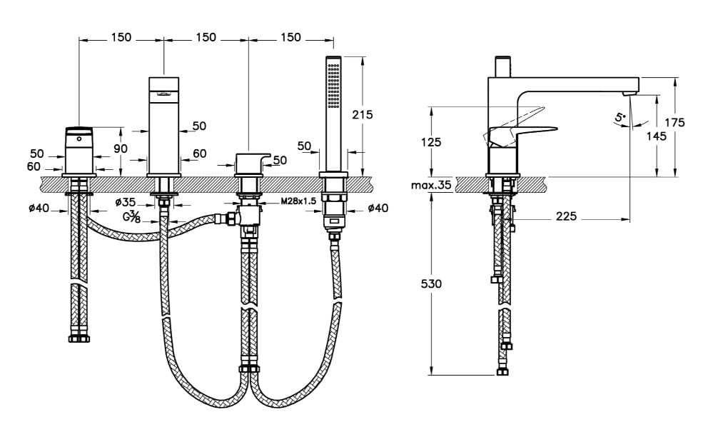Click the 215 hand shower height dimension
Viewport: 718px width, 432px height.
362,114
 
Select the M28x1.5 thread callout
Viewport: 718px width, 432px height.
298,201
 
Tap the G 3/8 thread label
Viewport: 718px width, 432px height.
132,216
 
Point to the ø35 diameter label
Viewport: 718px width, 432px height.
126,201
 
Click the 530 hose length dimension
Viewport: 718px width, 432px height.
431,284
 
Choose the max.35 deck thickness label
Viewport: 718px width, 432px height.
431,185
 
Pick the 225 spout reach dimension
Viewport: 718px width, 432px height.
567,216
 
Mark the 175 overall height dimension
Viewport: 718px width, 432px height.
675,122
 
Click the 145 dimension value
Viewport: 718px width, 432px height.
657,136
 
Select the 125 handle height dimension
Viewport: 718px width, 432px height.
431,142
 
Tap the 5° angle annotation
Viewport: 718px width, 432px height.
621,117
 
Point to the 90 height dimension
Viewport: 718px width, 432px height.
121,149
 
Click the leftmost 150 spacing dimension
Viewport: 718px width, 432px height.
121,37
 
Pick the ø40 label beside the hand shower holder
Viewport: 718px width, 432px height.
378,208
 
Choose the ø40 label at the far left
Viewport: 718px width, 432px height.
39,208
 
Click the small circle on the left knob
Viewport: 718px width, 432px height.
79,138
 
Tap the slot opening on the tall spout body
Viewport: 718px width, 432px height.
163,94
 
